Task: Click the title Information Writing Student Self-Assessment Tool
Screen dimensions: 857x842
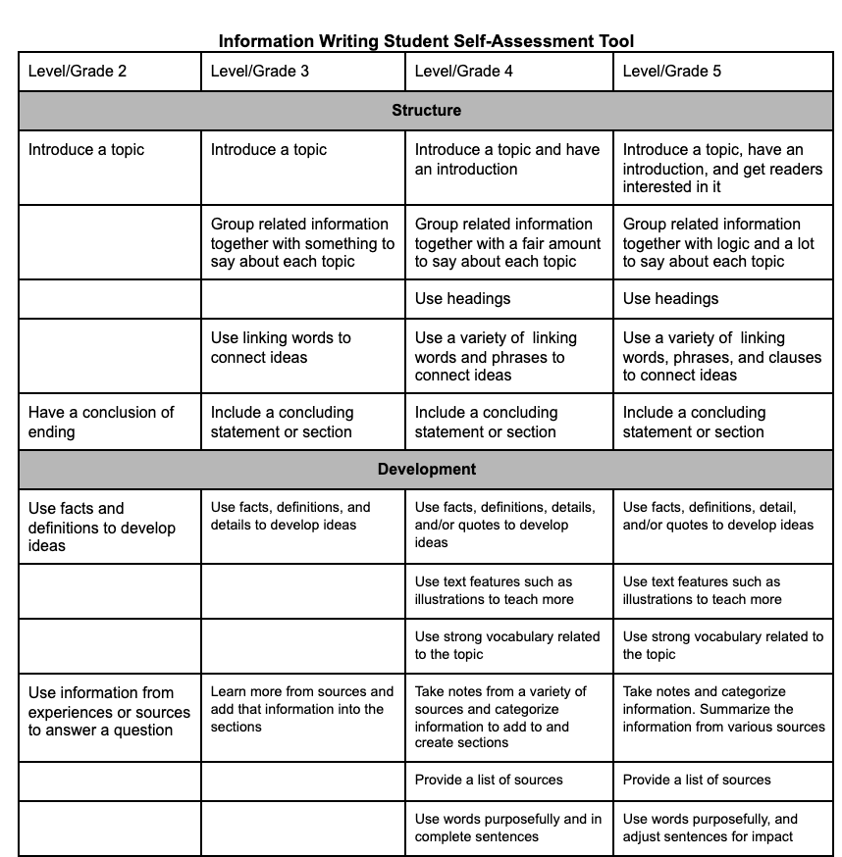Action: coord(426,41)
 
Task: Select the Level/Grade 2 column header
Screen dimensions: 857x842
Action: coord(78,71)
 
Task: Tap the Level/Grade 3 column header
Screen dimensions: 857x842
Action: coord(260,71)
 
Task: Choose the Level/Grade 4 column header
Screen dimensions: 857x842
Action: coord(464,71)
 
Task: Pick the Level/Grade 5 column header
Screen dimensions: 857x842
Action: coord(672,71)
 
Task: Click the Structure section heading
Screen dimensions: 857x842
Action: coord(426,110)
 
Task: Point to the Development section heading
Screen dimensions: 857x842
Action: coord(426,470)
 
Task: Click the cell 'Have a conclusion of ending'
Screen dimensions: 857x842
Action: coord(101,422)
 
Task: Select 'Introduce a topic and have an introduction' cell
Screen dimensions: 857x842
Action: coord(506,159)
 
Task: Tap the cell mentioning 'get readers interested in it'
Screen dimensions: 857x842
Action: coord(722,168)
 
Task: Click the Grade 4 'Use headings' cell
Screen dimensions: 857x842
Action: coord(462,298)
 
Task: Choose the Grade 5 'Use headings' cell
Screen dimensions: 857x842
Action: coord(670,298)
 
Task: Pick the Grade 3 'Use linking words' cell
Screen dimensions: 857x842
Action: coord(281,347)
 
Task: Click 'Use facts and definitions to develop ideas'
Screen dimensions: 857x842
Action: coord(102,527)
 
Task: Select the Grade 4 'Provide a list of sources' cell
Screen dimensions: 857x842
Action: coord(489,780)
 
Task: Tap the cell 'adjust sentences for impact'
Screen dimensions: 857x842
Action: coord(710,828)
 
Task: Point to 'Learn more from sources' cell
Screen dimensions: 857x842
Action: coord(301,708)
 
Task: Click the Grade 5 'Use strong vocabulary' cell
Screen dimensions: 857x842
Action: coord(722,644)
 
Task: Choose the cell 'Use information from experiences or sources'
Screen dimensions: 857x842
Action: coord(108,711)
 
